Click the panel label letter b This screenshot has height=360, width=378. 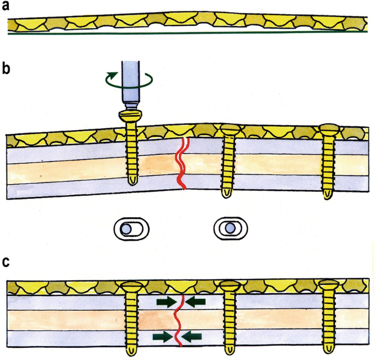6,71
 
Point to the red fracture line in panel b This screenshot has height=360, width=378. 182,163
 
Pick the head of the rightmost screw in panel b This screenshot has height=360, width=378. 330,129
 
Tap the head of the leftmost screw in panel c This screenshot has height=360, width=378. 131,286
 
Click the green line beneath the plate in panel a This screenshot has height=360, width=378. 188,33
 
